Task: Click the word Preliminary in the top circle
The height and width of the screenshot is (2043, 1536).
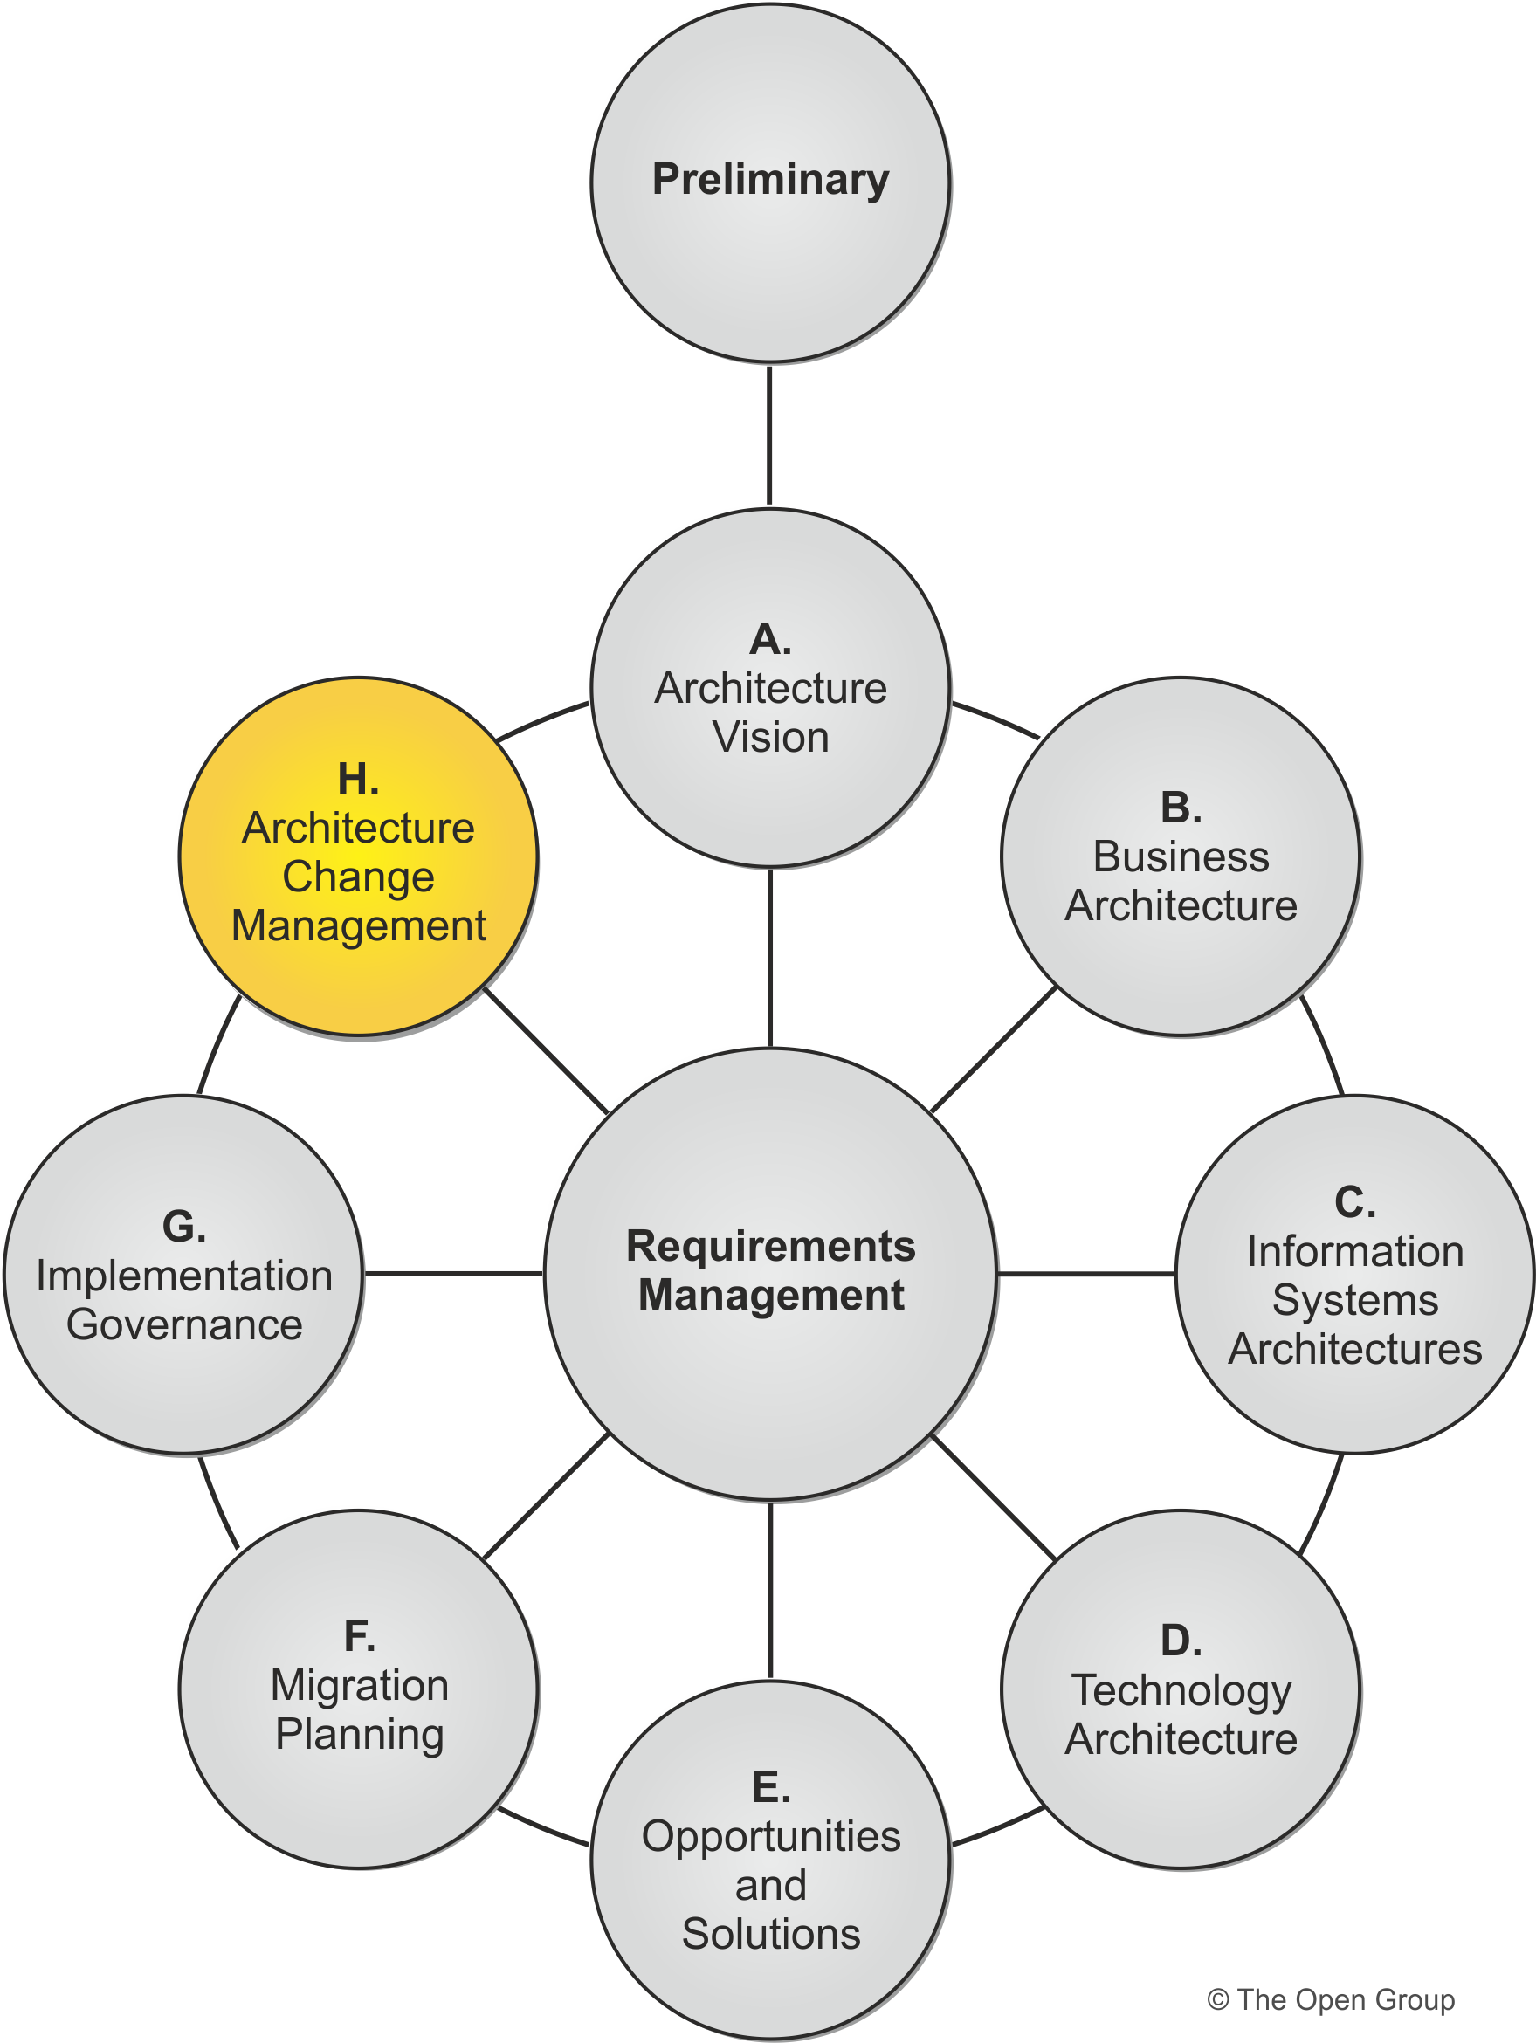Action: (x=770, y=179)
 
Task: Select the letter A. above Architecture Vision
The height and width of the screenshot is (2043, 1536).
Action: (x=770, y=639)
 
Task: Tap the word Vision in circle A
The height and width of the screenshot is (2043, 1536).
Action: (x=770, y=737)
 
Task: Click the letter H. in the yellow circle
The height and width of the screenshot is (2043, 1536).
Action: (x=358, y=780)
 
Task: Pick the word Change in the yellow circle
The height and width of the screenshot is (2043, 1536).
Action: (x=358, y=877)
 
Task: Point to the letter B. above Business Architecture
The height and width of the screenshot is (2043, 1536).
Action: (x=1181, y=808)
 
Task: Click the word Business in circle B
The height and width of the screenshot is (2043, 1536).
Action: (x=1181, y=857)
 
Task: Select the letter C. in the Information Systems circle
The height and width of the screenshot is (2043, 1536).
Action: (x=1354, y=1202)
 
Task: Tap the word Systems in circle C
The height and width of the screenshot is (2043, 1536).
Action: (x=1354, y=1300)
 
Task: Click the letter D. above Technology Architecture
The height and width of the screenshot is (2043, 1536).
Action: (x=1181, y=1641)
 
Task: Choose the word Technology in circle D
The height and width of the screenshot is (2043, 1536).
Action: (x=1181, y=1690)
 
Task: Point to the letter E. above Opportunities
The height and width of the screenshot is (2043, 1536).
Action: (x=770, y=1788)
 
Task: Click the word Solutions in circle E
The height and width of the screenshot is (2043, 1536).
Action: (x=770, y=1934)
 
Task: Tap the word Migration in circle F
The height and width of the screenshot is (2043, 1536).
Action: (x=358, y=1686)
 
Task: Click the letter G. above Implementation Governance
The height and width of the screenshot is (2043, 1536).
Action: (x=183, y=1227)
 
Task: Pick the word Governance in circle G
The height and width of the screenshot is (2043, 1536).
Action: (x=183, y=1324)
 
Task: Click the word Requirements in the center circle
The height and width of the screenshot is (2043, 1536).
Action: (x=770, y=1246)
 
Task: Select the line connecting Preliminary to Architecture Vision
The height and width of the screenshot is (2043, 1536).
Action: (x=769, y=434)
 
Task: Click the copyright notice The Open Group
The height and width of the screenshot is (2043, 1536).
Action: (x=1330, y=1999)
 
